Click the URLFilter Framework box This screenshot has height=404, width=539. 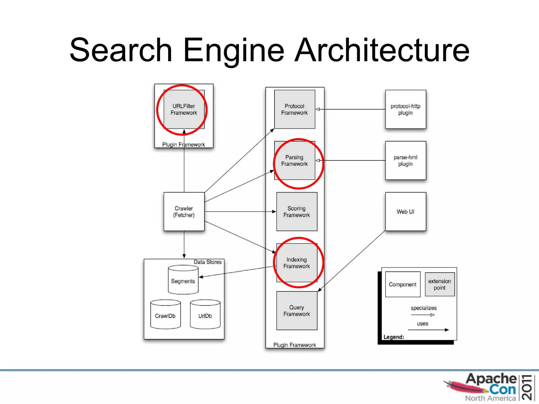tap(184, 109)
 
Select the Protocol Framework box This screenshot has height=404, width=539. tap(295, 109)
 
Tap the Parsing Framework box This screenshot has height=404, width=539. tap(295, 160)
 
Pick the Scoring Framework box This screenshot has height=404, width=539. tap(297, 211)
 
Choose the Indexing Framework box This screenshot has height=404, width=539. tap(297, 263)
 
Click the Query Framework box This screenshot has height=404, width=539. tap(297, 311)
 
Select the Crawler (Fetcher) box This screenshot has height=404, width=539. tap(184, 211)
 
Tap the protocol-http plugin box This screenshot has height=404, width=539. tap(406, 109)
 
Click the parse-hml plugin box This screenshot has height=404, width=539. tap(406, 160)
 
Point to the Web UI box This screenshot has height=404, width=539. tap(406, 211)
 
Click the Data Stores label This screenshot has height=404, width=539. tap(208, 262)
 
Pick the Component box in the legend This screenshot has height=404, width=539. tap(403, 284)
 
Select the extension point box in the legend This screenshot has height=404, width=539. tap(440, 284)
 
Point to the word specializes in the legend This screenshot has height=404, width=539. tap(423, 308)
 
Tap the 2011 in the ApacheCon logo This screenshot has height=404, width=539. tap(527, 387)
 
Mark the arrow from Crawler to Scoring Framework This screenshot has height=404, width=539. tap(239, 211)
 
